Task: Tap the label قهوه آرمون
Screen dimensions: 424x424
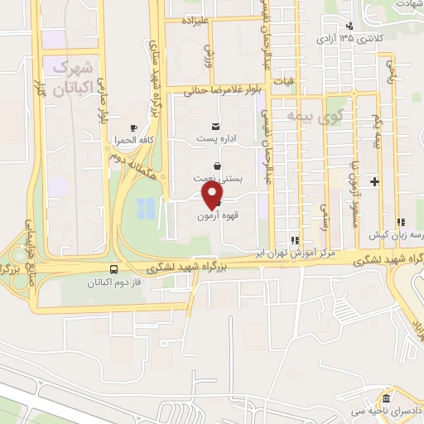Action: (213, 216)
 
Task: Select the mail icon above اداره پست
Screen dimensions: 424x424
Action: (216, 127)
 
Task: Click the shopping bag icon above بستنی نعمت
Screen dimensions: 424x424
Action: (216, 166)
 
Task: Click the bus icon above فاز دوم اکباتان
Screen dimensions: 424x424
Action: (113, 269)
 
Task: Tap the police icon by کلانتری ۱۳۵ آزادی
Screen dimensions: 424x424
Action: (351, 26)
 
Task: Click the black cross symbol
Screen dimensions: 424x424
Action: (374, 181)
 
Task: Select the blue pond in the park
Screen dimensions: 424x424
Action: (145, 210)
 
